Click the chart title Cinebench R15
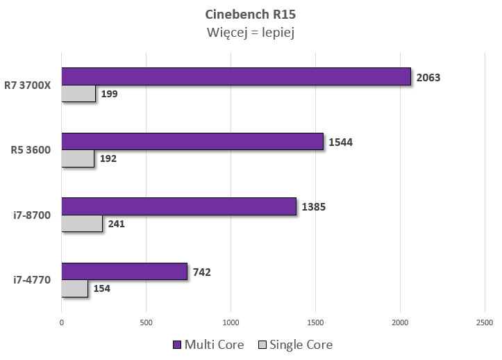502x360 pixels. [251, 14]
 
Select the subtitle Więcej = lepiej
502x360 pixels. [251, 33]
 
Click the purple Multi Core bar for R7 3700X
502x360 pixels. [236, 76]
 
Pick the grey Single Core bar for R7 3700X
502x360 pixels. [78, 93]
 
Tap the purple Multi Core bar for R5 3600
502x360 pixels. [192, 141]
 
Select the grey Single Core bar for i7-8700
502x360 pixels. [82, 223]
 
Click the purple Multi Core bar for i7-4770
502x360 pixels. [124, 271]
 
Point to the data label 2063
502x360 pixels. [428, 77]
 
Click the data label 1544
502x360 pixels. [341, 142]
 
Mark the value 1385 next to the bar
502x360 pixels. [314, 206]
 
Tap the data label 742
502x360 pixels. [202, 272]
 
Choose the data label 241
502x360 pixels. [116, 224]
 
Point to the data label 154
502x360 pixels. [101, 288]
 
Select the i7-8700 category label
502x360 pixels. [32, 215]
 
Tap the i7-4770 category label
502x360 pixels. [32, 280]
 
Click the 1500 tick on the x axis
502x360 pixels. [315, 322]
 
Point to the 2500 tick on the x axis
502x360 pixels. [485, 322]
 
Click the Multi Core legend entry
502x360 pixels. [208, 345]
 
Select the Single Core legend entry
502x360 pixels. [295, 345]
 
